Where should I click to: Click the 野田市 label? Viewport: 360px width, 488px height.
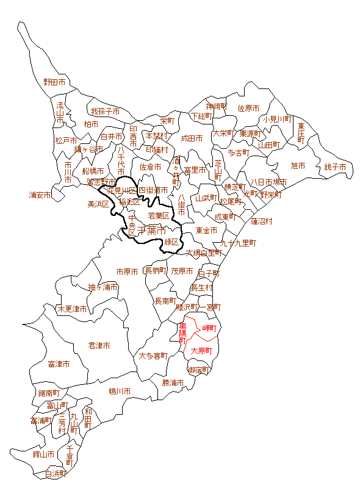(54, 82)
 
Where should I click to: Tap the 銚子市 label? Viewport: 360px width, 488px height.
(335, 167)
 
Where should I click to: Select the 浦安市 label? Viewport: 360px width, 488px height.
(40, 195)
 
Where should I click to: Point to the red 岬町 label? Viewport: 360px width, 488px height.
(209, 328)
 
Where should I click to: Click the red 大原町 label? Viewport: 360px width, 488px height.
(201, 351)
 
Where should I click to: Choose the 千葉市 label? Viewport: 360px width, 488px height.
(152, 231)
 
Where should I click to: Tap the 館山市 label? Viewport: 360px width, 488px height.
(44, 454)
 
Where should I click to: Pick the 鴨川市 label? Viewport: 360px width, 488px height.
(120, 391)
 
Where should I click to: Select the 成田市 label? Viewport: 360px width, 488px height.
(192, 138)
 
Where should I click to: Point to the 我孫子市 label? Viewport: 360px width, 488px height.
(106, 112)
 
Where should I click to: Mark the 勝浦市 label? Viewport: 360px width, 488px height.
(173, 383)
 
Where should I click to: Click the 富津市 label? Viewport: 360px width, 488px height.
(59, 364)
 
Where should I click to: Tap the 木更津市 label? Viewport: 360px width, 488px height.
(72, 309)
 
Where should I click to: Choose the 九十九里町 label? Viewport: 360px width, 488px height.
(238, 243)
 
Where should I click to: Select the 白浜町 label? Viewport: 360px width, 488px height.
(56, 473)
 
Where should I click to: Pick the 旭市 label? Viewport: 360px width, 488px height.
(298, 165)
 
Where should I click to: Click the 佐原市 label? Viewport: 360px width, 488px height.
(248, 108)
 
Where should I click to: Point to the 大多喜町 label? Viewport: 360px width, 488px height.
(153, 356)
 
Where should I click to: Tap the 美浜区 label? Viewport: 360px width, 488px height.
(98, 204)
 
